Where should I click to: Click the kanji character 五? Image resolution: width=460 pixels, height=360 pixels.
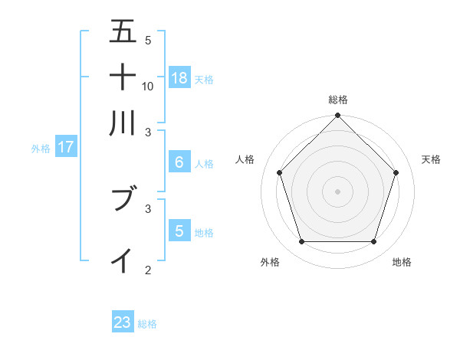pos(123,32)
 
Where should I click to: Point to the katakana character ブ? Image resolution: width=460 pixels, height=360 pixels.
pos(123,200)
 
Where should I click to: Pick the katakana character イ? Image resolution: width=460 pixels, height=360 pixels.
pos(123,260)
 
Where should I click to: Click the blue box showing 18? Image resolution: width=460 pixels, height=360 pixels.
pos(179,77)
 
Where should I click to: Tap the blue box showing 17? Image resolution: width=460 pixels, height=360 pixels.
pos(65,147)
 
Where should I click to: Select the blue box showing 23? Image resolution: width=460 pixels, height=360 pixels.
pos(123,322)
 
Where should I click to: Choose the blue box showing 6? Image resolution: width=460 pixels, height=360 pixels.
pos(179,162)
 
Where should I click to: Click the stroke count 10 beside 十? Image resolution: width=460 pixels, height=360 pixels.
pos(148,86)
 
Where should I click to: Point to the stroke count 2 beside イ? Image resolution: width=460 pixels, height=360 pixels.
pos(148,269)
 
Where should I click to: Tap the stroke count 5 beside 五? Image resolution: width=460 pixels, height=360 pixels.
pos(148,41)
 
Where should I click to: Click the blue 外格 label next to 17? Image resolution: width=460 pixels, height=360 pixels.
pos(41,149)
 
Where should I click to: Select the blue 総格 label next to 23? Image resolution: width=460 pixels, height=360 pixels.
pos(147,324)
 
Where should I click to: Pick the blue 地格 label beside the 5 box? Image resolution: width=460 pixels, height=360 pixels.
pos(204,232)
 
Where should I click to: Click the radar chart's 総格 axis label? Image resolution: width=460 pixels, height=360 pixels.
pos(338,100)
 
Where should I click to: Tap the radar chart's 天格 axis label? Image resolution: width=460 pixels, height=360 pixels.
pos(432,159)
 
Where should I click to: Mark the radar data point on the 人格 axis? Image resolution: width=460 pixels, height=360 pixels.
pos(279,172)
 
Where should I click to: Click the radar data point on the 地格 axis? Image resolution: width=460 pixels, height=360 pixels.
pos(373,241)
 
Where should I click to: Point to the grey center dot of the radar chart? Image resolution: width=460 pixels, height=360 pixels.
pos(337,191)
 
